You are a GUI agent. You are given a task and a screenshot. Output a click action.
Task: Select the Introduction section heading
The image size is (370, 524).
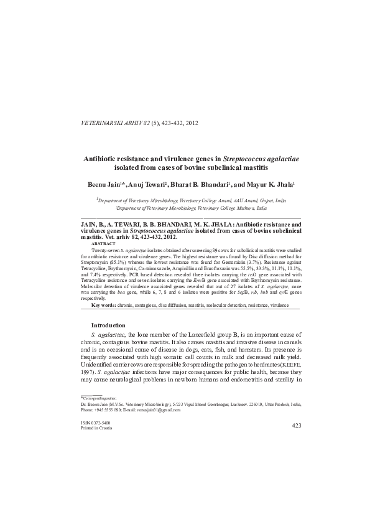tap(108, 325)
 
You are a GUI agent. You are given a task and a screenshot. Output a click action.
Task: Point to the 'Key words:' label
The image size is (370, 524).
tap(103, 306)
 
